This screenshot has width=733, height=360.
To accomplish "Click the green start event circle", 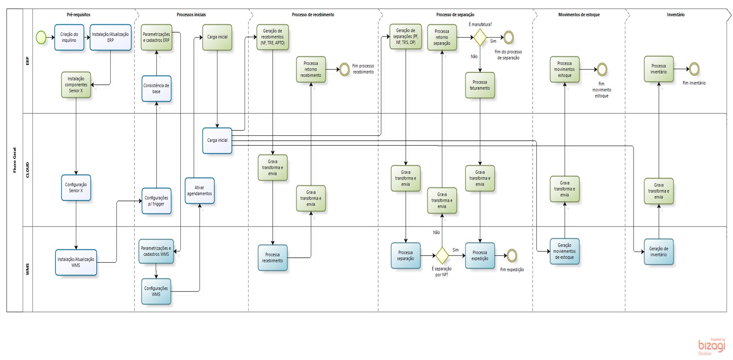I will point(41,38).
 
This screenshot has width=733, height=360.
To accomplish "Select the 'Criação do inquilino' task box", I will point(69,38).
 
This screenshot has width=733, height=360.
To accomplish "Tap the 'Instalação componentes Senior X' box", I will point(76,85).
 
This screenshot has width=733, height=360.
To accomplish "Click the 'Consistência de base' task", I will point(156,88).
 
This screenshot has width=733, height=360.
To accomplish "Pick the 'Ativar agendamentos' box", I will point(200,191).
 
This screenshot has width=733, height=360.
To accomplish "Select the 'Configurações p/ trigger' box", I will point(156,201).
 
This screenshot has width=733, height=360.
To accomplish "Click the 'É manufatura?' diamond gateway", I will point(480,38).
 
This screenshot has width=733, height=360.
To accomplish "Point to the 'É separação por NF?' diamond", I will point(442,255).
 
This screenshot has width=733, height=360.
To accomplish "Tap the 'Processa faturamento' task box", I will point(480,85).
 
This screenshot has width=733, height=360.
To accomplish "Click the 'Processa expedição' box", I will point(480,255).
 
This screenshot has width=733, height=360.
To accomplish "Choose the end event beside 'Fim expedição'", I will point(512,255).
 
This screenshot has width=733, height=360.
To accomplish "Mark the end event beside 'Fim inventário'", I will point(694,69).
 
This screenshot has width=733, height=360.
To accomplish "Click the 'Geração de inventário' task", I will point(658,252).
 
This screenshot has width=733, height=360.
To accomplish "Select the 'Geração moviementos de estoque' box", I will point(564,251).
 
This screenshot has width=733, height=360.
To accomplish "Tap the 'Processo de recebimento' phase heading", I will point(313,15).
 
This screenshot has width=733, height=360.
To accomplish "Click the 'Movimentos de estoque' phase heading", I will point(579,15).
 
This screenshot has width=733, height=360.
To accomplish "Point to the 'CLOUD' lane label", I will point(28,170).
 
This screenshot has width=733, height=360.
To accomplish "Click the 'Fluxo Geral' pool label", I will point(15,160).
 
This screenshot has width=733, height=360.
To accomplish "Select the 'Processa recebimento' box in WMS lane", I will point(272,258).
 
